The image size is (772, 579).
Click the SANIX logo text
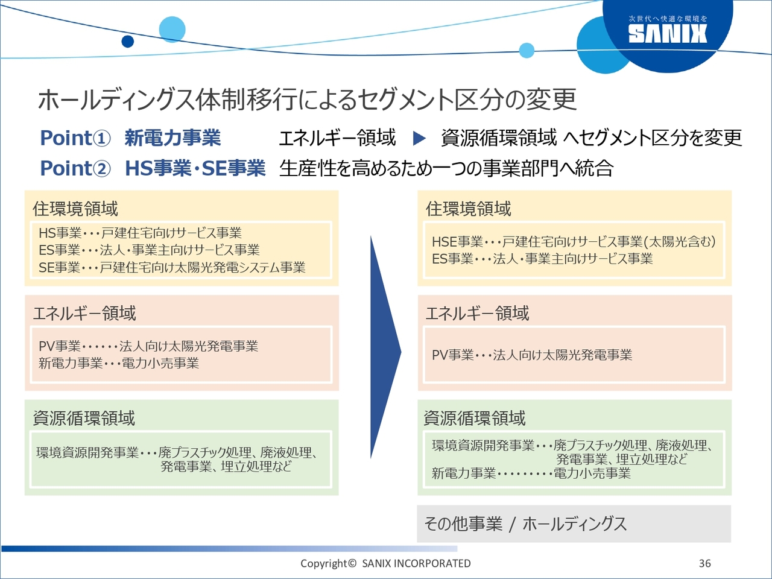pyautogui.click(x=668, y=34)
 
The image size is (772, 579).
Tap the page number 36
pyautogui.click(x=705, y=563)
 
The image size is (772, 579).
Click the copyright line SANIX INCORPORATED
pyautogui.click(x=385, y=563)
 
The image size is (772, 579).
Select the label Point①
pyautogui.click(x=75, y=138)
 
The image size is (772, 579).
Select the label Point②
pyautogui.click(x=75, y=168)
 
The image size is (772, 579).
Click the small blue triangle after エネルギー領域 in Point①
pyautogui.click(x=419, y=138)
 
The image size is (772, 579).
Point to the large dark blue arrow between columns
pyautogui.click(x=385, y=347)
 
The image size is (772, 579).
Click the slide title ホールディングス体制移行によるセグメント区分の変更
pyautogui.click(x=307, y=100)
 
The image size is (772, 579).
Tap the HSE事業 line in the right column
pyautogui.click(x=574, y=242)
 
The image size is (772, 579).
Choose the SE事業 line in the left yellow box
pyautogui.click(x=172, y=268)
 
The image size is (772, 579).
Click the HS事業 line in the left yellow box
pyautogui.click(x=141, y=233)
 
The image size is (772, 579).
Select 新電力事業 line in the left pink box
pyautogui.click(x=119, y=363)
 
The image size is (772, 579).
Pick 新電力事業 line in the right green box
pyautogui.click(x=531, y=473)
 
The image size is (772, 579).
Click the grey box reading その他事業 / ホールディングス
pyautogui.click(x=574, y=524)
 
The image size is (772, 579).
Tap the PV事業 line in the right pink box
pyautogui.click(x=532, y=355)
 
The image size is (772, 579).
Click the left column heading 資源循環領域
pyautogui.click(x=84, y=418)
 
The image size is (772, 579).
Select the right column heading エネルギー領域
pyautogui.click(x=477, y=313)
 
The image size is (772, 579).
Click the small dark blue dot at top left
pyautogui.click(x=128, y=41)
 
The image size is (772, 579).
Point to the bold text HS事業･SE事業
pyautogui.click(x=195, y=168)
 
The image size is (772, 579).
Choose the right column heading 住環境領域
pyautogui.click(x=468, y=209)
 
